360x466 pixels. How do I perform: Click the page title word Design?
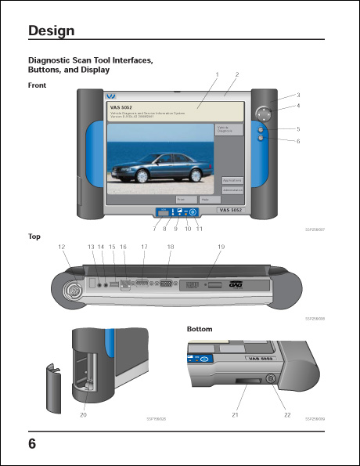coord(52,31)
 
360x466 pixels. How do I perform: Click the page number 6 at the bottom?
coord(32,443)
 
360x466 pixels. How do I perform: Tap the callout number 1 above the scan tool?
coord(216,74)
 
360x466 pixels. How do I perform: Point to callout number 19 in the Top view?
coord(221,247)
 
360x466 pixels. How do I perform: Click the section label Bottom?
coord(200,329)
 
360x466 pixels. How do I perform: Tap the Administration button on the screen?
coord(232,190)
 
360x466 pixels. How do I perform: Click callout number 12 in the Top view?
coord(60,247)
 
